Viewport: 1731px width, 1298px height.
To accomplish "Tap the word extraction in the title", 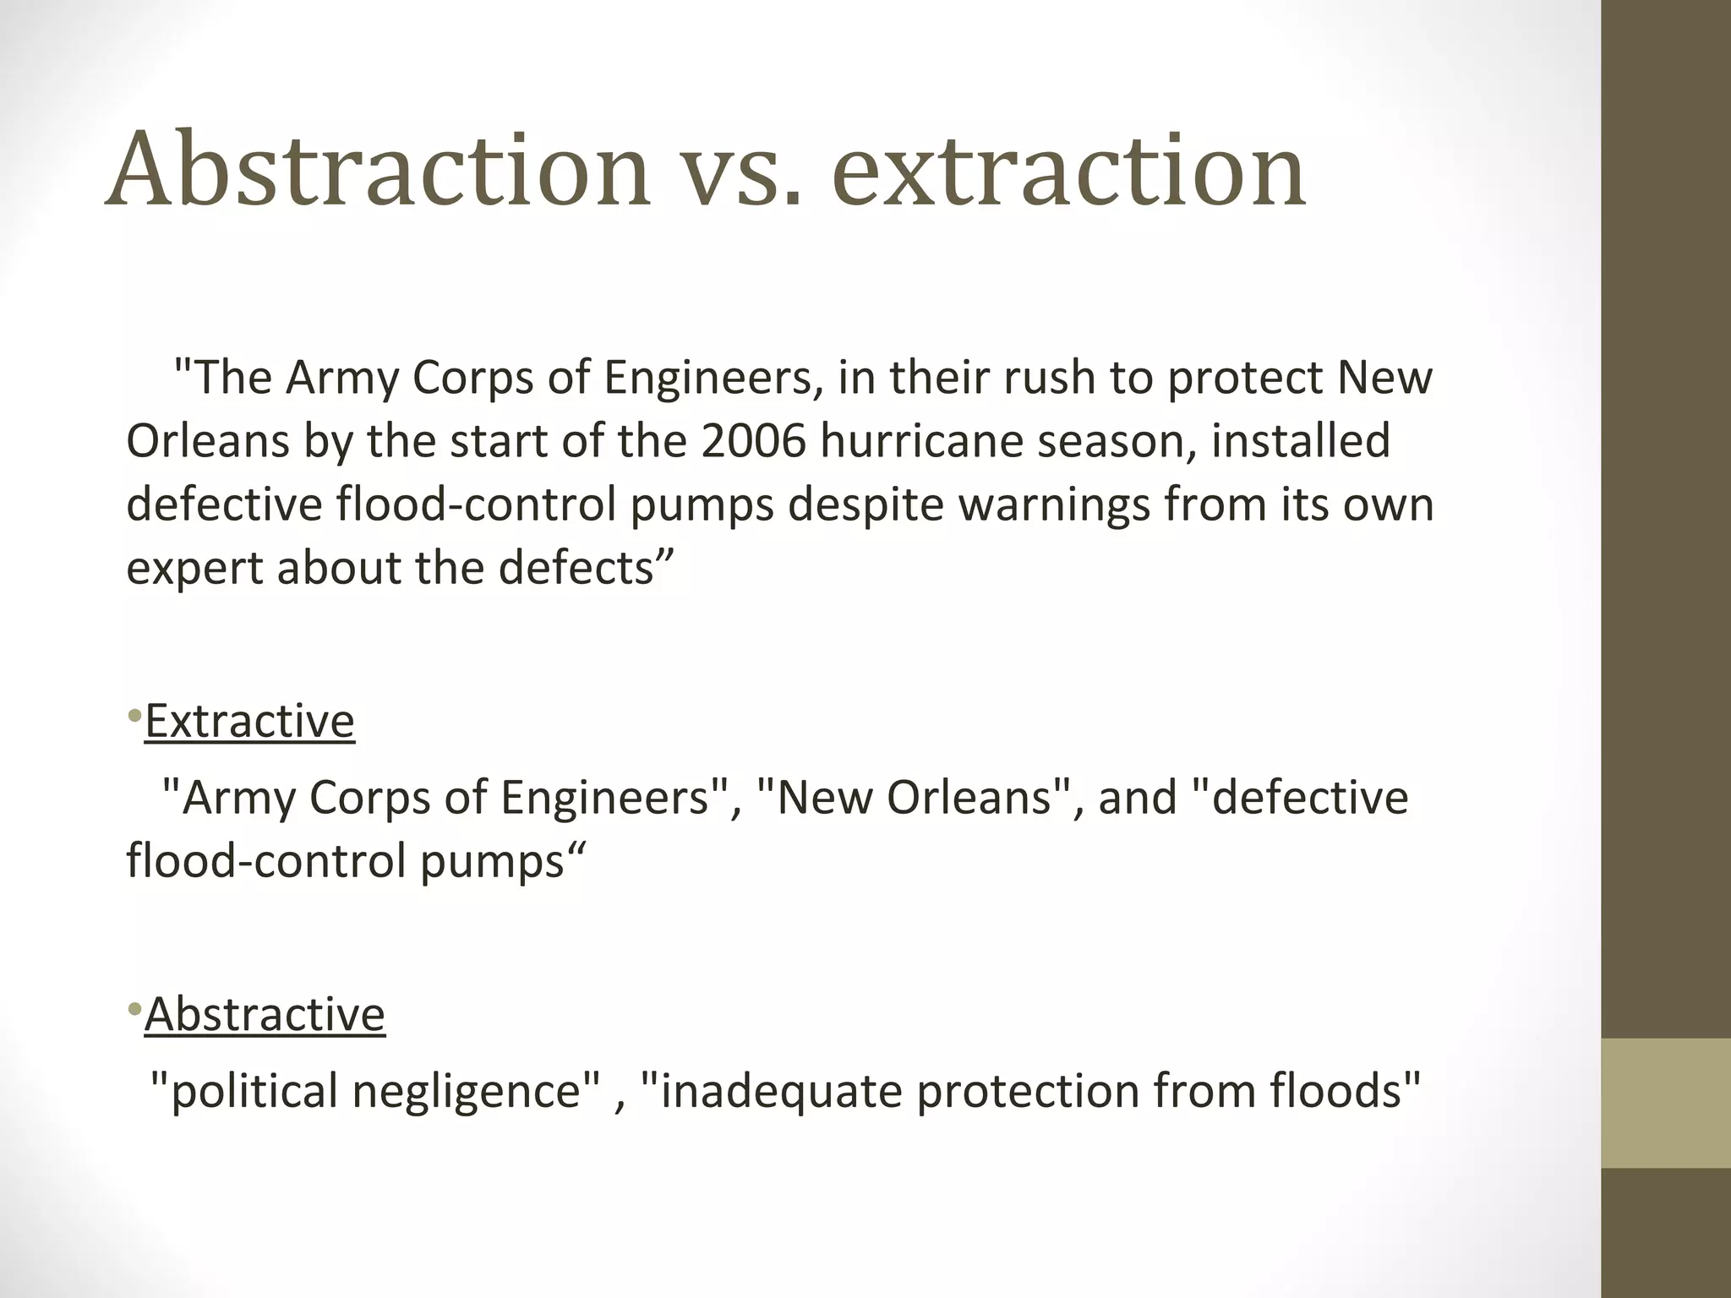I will pyautogui.click(x=1069, y=172).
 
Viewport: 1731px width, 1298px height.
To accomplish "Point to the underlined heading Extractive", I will pyautogui.click(x=249, y=722).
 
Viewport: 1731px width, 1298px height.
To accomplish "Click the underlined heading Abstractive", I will pyautogui.click(x=265, y=1014).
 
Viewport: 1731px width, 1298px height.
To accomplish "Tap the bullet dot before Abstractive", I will pyautogui.click(x=134, y=1010).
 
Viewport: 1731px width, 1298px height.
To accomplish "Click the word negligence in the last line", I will pyautogui.click(x=477, y=1091).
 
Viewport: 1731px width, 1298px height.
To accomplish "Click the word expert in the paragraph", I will pyautogui.click(x=195, y=569).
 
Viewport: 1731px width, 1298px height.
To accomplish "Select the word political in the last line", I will pyautogui.click(x=254, y=1091).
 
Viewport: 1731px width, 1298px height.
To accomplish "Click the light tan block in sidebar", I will pyautogui.click(x=1665, y=1103).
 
